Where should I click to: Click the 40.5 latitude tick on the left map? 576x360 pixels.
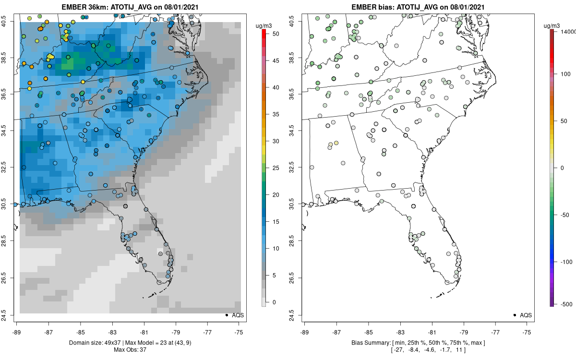coord(10,22)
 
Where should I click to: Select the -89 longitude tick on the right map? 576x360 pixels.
coord(305,332)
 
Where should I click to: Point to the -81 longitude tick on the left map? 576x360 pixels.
coord(144,332)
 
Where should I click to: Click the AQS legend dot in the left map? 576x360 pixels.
coord(226,315)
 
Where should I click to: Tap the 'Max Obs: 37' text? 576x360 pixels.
coord(130,349)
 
